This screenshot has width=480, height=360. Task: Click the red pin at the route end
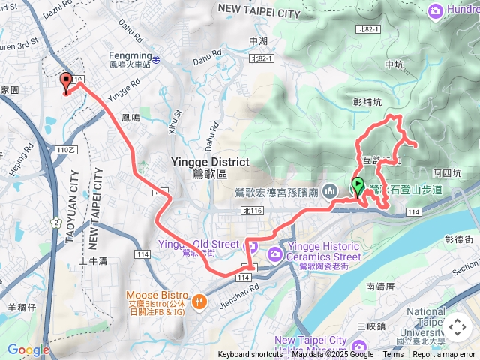point(66,82)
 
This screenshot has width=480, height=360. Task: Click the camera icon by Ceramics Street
point(275,254)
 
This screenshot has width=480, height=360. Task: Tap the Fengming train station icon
point(156,58)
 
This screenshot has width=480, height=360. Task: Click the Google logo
point(28,349)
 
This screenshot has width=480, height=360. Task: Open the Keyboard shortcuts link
point(250,355)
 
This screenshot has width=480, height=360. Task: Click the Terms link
point(393,355)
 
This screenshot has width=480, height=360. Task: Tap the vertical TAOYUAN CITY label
point(73,206)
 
